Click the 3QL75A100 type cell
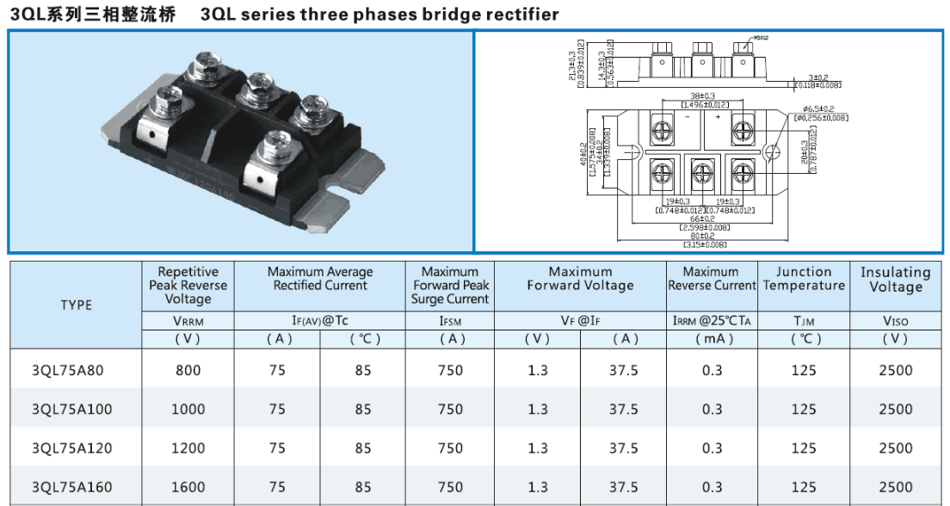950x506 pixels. pos(71,410)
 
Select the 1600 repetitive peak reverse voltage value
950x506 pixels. pos(188,487)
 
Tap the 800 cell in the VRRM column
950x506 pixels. pos(188,371)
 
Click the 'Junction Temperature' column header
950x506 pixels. pos(804,279)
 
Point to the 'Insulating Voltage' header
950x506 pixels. pos(895,279)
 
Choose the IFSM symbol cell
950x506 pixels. pos(450,321)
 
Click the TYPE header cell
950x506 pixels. pos(77,305)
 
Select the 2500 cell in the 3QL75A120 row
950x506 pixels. pos(895,448)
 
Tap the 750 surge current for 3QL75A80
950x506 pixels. pos(450,371)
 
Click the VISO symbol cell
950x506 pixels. pos(895,321)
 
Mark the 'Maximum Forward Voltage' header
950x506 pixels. pos(580,279)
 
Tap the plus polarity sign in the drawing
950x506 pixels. pos(717,114)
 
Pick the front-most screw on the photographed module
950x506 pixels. pos(278,143)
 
